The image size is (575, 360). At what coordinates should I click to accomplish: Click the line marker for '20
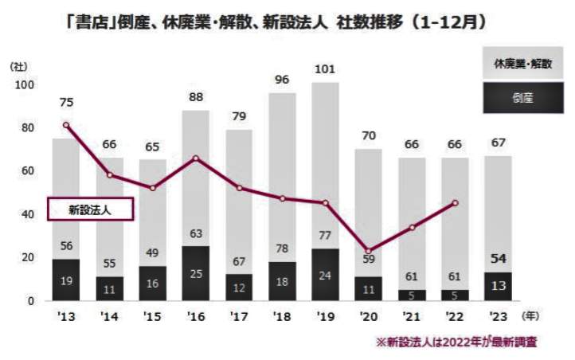pos(369,251)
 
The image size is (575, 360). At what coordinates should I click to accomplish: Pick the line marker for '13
pos(66,125)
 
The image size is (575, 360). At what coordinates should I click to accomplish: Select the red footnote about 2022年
pos(456,342)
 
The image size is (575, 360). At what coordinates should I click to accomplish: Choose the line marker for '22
pos(455,203)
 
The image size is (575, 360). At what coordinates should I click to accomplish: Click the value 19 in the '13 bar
pos(66,280)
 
